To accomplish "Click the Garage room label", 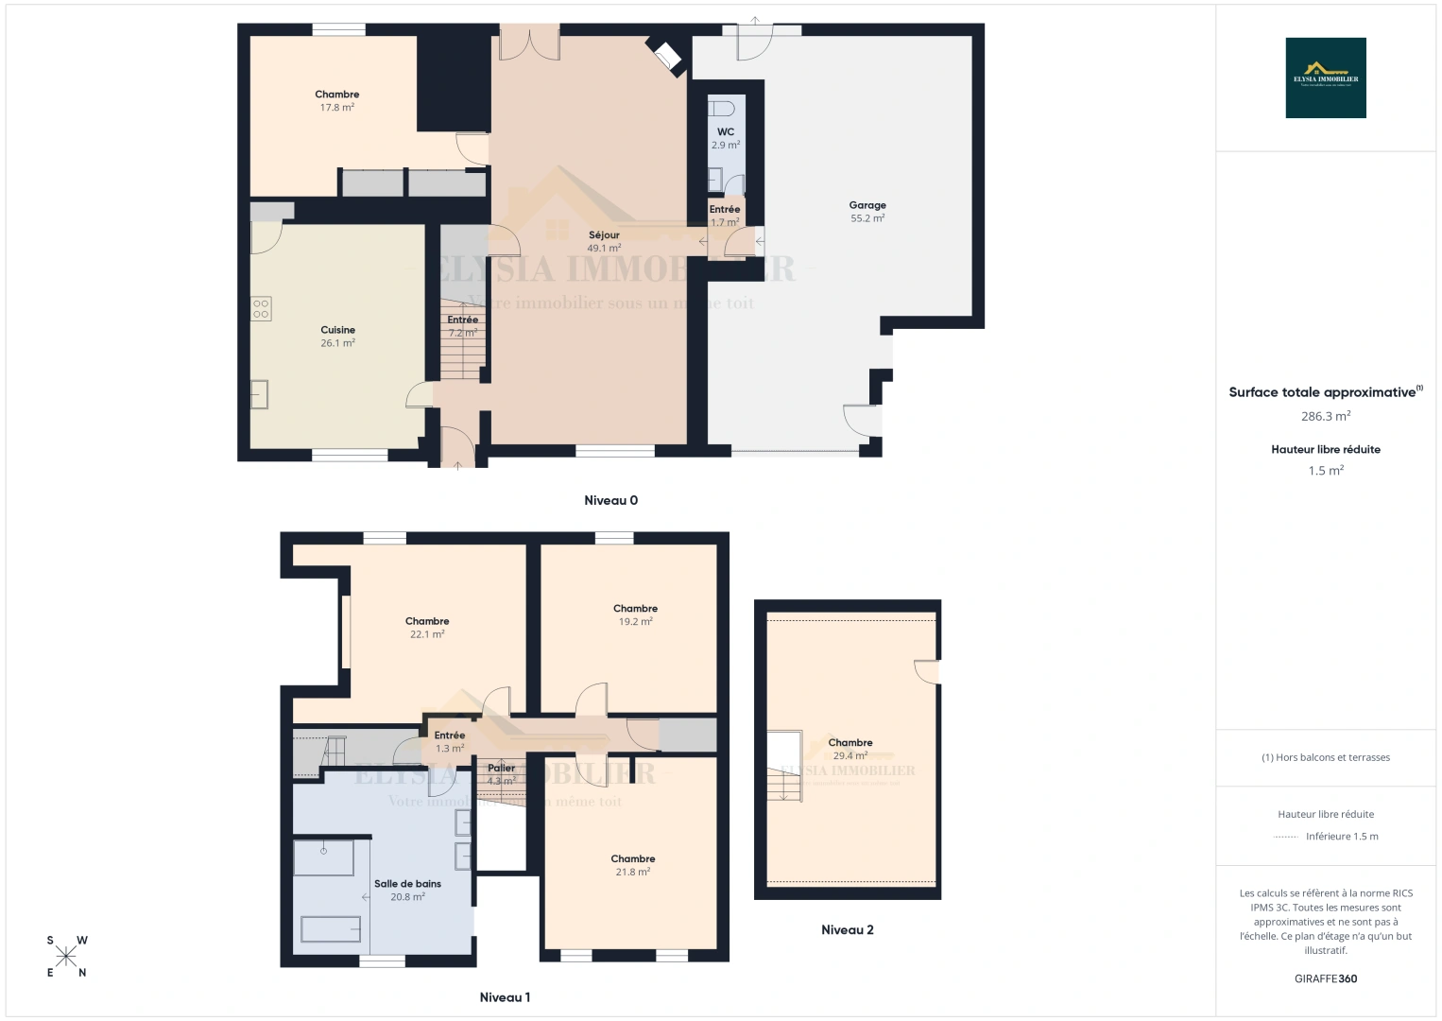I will pyautogui.click(x=867, y=205).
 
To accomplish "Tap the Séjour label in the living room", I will pyautogui.click(x=604, y=235).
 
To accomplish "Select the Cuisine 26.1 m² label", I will pyautogui.click(x=337, y=337).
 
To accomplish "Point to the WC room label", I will pyautogui.click(x=726, y=132).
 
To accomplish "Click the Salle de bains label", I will pyautogui.click(x=407, y=884).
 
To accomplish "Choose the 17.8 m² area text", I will pyautogui.click(x=337, y=108).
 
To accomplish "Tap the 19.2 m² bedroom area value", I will pyautogui.click(x=635, y=622).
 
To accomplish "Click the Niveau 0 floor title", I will pyautogui.click(x=610, y=500).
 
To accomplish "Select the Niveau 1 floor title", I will pyautogui.click(x=505, y=997).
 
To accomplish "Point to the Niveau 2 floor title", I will pyautogui.click(x=848, y=929).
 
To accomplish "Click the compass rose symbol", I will pyautogui.click(x=66, y=956).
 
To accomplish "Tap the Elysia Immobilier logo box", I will pyautogui.click(x=1326, y=78).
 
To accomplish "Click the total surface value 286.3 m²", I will pyautogui.click(x=1326, y=416).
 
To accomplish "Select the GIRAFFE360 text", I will pyautogui.click(x=1326, y=978).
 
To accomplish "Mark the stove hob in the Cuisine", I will pyautogui.click(x=262, y=308).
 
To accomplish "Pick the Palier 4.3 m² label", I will pyautogui.click(x=502, y=774).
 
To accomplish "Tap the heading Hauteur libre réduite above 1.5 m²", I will pyautogui.click(x=1326, y=450).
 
